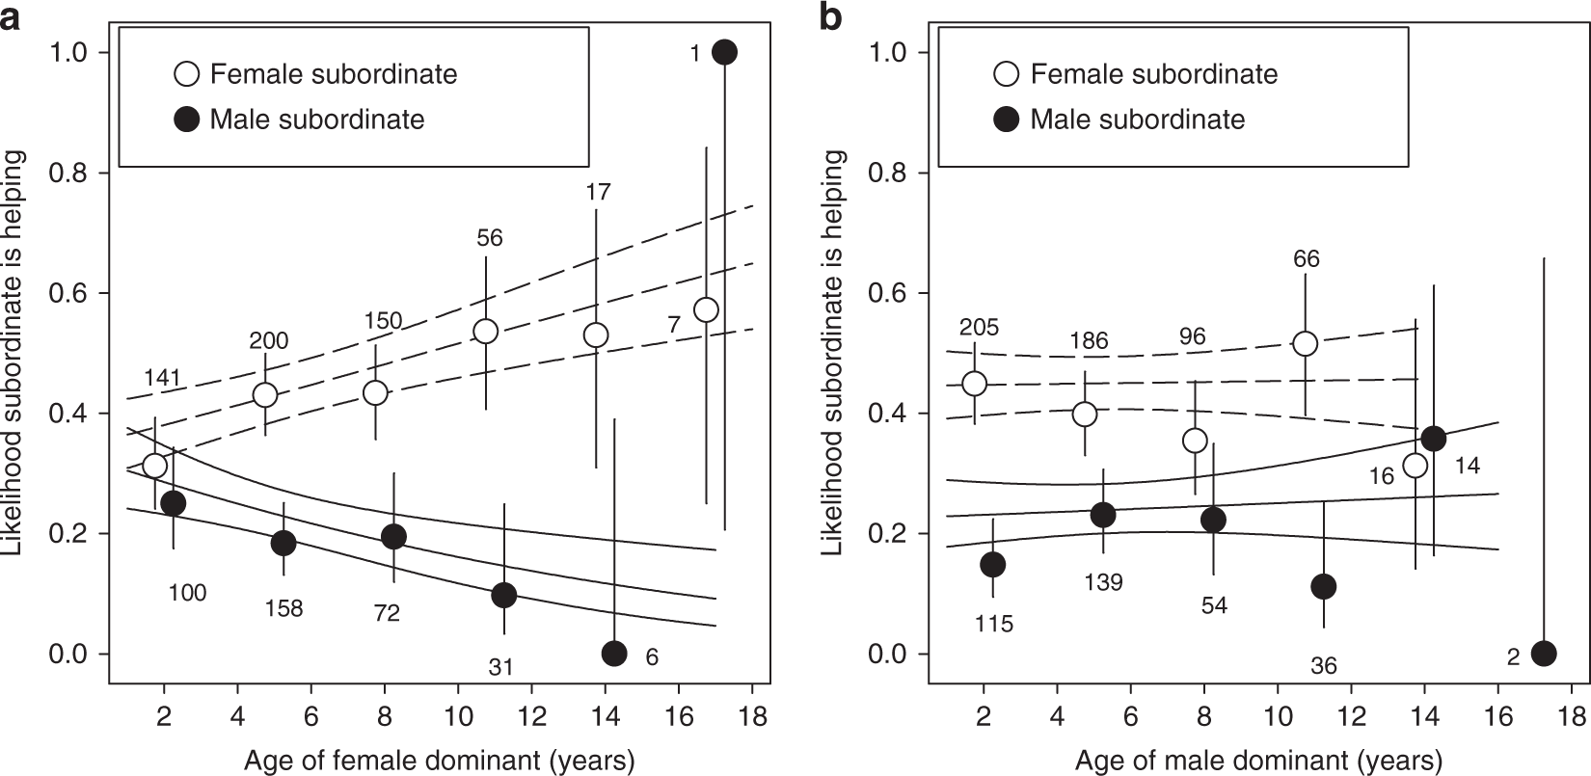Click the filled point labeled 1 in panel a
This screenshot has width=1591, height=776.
pos(724,52)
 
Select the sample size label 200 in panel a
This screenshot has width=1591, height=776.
pos(269,340)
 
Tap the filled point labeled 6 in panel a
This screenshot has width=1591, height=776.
pos(614,654)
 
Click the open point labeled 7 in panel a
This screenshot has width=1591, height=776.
pos(706,309)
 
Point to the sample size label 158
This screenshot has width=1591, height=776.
pos(283,608)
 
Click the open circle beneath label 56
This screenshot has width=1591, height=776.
pos(485,331)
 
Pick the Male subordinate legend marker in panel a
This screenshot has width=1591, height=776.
pos(187,120)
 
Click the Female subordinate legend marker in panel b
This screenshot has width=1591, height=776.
pos(1007,74)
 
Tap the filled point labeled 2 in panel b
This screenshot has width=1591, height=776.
pos(1544,654)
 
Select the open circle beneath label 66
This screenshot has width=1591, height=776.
pos(1305,343)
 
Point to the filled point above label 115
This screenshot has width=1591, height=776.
pos(992,564)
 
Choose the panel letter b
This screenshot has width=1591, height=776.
pos(830,16)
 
